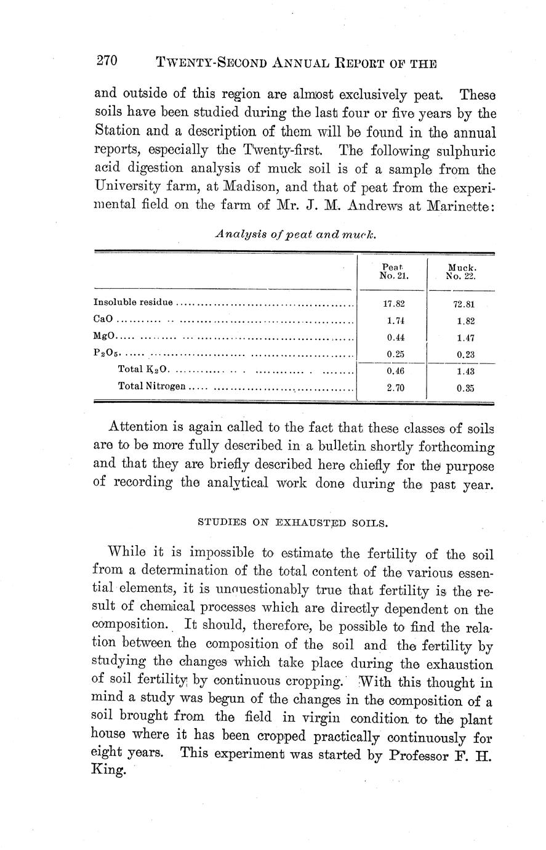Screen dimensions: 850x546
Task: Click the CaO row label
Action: click(x=103, y=320)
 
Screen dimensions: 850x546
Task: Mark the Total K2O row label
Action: click(x=143, y=371)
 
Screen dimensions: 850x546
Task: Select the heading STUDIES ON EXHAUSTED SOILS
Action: click(x=292, y=523)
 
